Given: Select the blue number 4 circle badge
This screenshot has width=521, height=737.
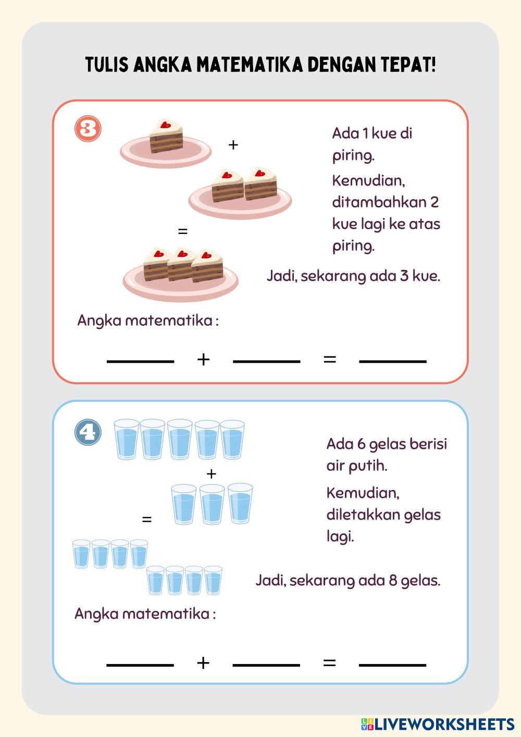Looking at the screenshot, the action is click(x=88, y=433).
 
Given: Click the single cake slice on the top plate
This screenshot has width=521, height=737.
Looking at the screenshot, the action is click(x=167, y=137).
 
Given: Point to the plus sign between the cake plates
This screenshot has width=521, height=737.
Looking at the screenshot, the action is click(x=233, y=145).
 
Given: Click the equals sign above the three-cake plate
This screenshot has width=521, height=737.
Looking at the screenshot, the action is click(x=182, y=231).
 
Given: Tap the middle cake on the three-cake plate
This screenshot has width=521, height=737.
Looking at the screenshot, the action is click(x=181, y=264).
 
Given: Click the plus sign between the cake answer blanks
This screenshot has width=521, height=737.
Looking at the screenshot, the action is click(x=203, y=359).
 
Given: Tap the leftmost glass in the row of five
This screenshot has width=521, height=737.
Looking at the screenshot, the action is click(x=126, y=440).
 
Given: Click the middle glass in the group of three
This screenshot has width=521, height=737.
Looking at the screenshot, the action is click(x=212, y=504).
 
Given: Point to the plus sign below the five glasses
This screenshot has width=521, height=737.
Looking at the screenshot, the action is click(x=211, y=474).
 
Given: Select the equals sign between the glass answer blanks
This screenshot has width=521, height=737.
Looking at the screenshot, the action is click(x=329, y=662).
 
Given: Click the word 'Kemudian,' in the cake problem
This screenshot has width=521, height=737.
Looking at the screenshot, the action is click(x=368, y=181).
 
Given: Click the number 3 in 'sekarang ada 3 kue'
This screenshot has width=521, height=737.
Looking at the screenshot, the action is click(x=404, y=276).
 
